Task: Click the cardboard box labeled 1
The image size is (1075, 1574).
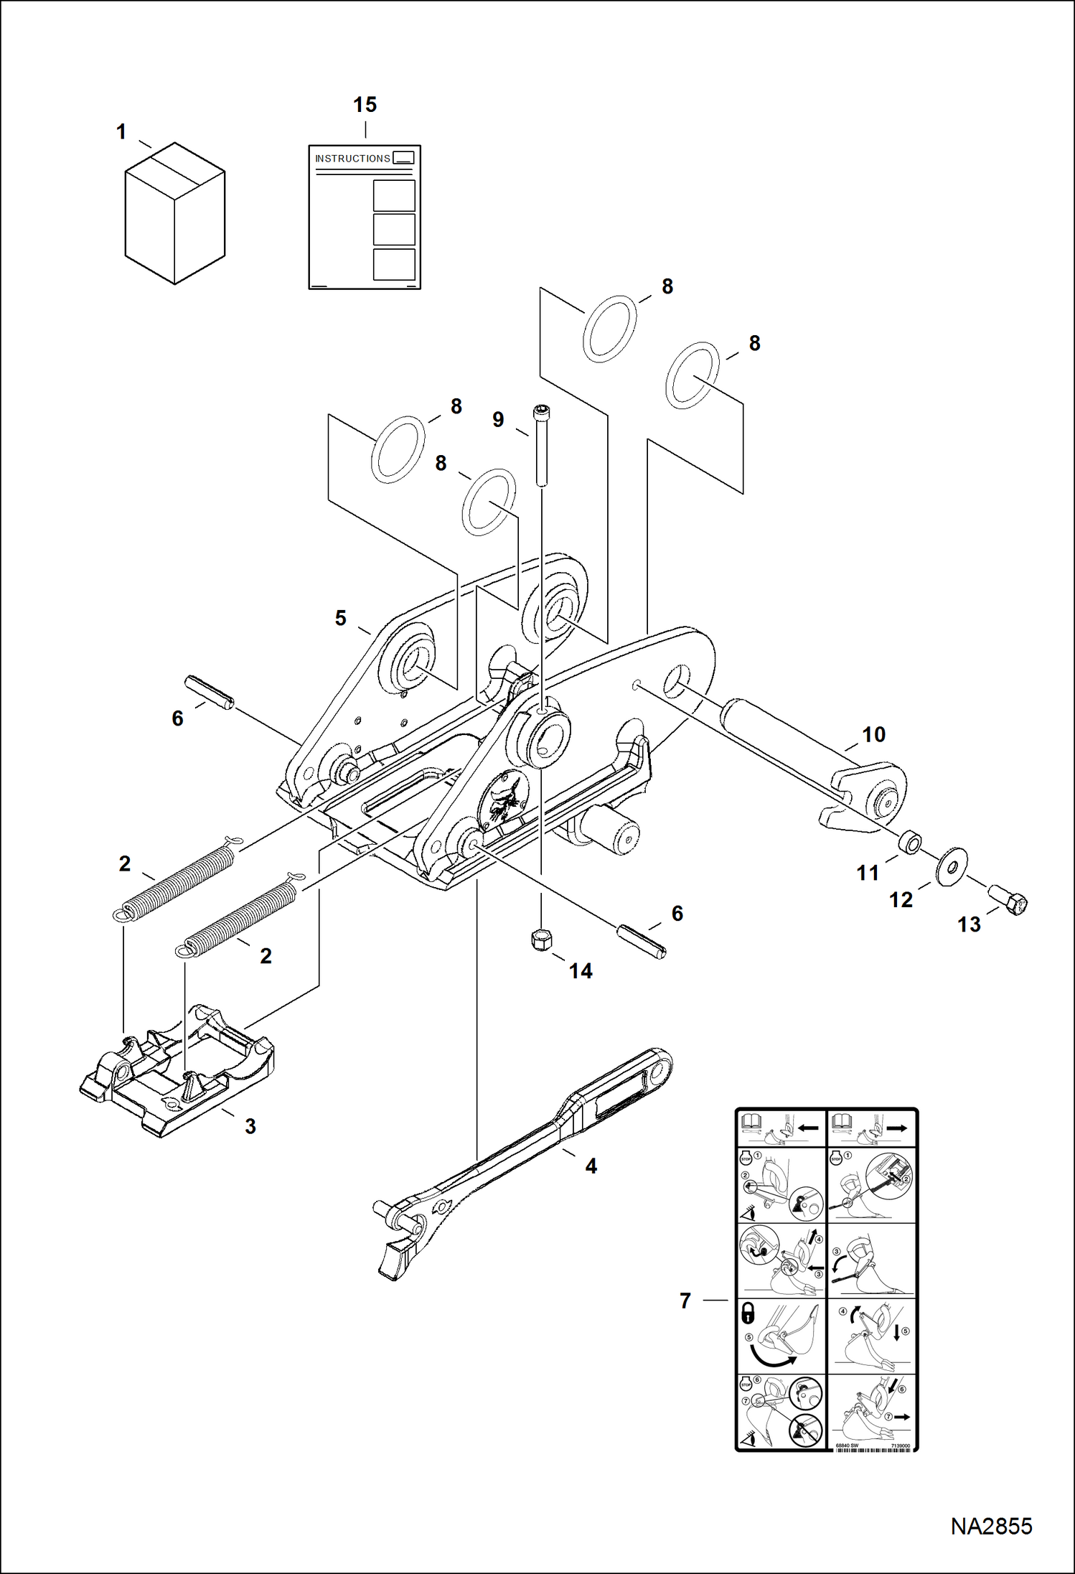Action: [x=174, y=215]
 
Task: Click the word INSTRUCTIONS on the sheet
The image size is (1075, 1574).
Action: [x=352, y=159]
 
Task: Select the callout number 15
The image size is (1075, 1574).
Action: [x=365, y=105]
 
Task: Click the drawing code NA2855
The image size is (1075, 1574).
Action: [x=991, y=1527]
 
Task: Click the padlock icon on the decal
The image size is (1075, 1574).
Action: [x=748, y=1314]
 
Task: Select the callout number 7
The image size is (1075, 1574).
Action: [x=685, y=1301]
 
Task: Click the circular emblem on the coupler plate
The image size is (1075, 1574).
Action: [x=504, y=797]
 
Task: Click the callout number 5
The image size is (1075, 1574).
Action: [x=340, y=618]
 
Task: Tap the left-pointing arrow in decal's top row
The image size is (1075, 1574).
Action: [x=808, y=1128]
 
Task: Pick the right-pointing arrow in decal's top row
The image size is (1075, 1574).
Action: [x=897, y=1128]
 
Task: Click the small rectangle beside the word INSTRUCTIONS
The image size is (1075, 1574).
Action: [x=404, y=158]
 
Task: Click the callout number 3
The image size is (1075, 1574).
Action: [x=250, y=1126]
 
